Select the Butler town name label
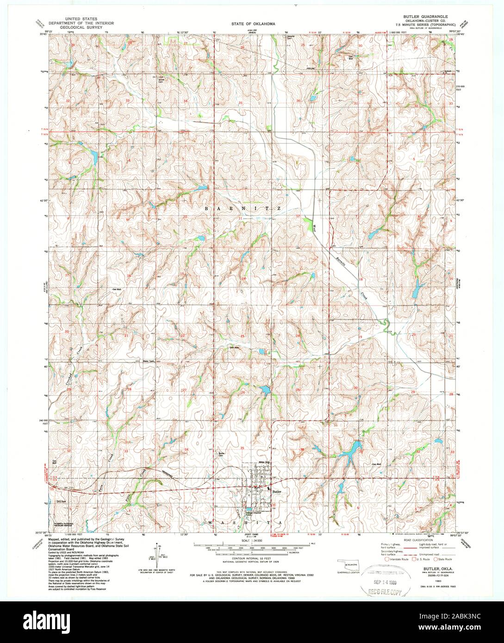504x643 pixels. (277, 492)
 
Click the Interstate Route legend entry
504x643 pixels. (396, 559)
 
